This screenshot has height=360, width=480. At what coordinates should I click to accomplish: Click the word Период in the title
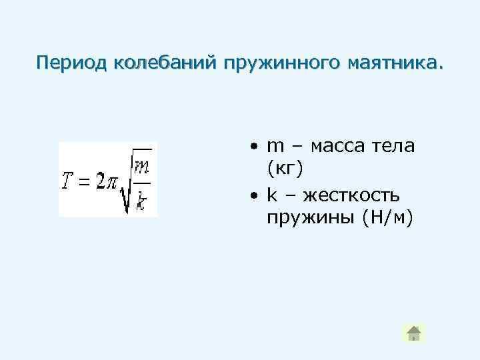click(x=73, y=63)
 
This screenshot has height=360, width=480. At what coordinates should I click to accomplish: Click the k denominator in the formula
click(x=141, y=200)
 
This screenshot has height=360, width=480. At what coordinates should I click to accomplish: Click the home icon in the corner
click(x=413, y=333)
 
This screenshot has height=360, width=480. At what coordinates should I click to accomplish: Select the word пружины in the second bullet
click(x=309, y=218)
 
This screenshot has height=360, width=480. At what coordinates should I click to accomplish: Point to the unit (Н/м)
click(x=387, y=218)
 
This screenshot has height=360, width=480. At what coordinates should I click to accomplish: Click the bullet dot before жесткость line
click(x=255, y=196)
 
